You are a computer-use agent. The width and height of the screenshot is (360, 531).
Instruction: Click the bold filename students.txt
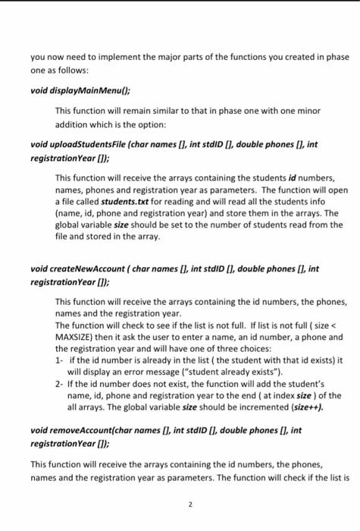124,206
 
